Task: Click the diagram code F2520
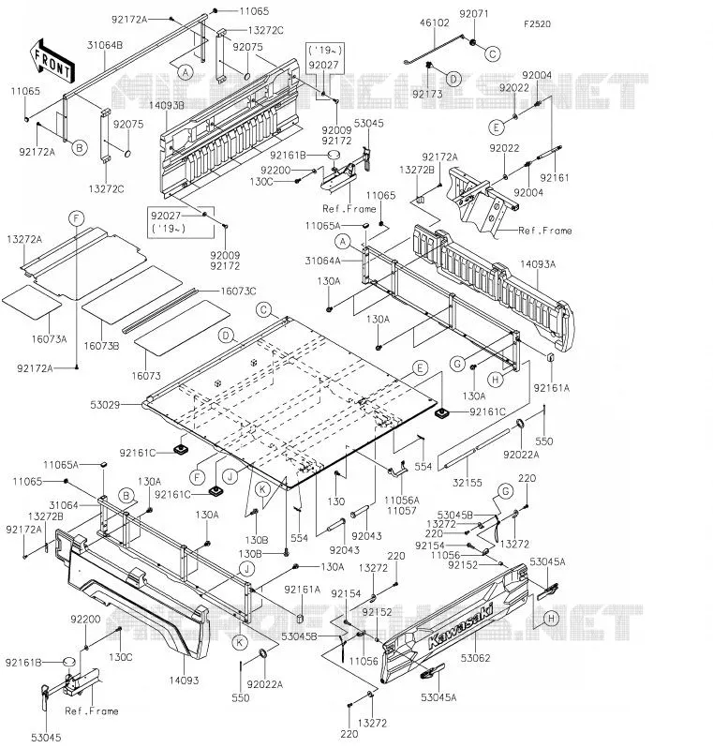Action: pos(537,23)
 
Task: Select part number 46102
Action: pos(435,22)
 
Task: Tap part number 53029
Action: pos(105,405)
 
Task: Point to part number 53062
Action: pos(476,658)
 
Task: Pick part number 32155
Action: pos(468,483)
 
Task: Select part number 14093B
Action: pos(166,105)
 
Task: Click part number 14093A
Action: pos(538,263)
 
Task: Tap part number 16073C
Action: pos(238,291)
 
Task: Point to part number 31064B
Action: pos(104,45)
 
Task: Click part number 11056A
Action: pos(402,500)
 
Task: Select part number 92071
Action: pos(474,14)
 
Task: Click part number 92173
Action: pos(427,94)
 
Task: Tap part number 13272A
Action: pos(24,239)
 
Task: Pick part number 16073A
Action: pos(49,339)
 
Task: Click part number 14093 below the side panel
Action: pos(184,681)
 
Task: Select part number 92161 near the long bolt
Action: pos(555,177)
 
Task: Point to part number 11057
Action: pos(402,511)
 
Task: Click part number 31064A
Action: pos(323,261)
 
